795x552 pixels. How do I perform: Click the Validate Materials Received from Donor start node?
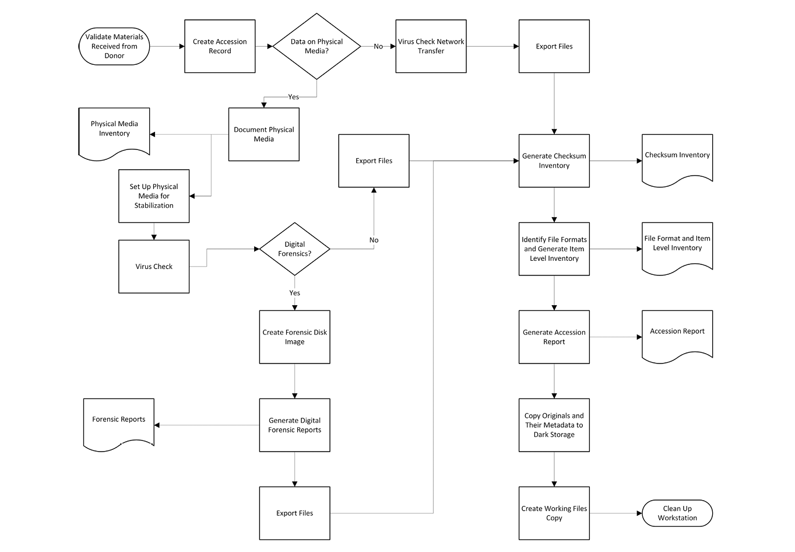click(x=114, y=46)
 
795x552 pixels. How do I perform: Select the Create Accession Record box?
click(x=220, y=46)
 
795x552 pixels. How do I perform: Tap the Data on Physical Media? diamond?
click(x=316, y=46)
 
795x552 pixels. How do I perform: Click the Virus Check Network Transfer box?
click(x=431, y=46)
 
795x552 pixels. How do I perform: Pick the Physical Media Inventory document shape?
click(x=114, y=131)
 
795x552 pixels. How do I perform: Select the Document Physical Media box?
click(x=263, y=134)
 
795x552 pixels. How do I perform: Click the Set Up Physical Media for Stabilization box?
click(x=154, y=196)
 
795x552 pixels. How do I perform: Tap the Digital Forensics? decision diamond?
click(x=294, y=249)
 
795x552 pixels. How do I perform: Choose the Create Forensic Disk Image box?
click(x=294, y=337)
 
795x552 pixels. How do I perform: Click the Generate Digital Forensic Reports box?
click(x=294, y=425)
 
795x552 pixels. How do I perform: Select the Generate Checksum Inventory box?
click(x=554, y=160)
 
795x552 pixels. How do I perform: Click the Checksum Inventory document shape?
click(x=677, y=158)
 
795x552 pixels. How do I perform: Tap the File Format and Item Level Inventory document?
click(x=677, y=245)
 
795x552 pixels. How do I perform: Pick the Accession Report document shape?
click(x=677, y=333)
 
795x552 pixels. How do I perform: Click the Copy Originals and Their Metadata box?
click(x=554, y=425)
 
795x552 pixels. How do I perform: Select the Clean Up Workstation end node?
click(x=677, y=513)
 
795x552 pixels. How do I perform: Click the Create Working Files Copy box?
click(x=554, y=513)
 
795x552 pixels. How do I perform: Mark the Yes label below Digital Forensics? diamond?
click(x=294, y=293)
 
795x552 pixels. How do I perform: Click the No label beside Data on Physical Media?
click(x=378, y=47)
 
